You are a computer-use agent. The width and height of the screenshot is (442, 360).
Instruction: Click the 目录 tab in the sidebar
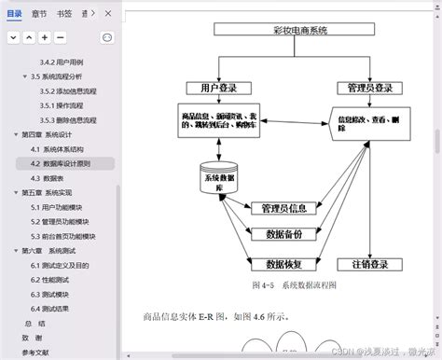[x=14, y=14]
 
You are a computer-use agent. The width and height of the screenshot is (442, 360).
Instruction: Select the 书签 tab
[x=64, y=14]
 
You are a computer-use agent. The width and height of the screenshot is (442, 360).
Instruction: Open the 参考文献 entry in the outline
[x=35, y=353]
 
